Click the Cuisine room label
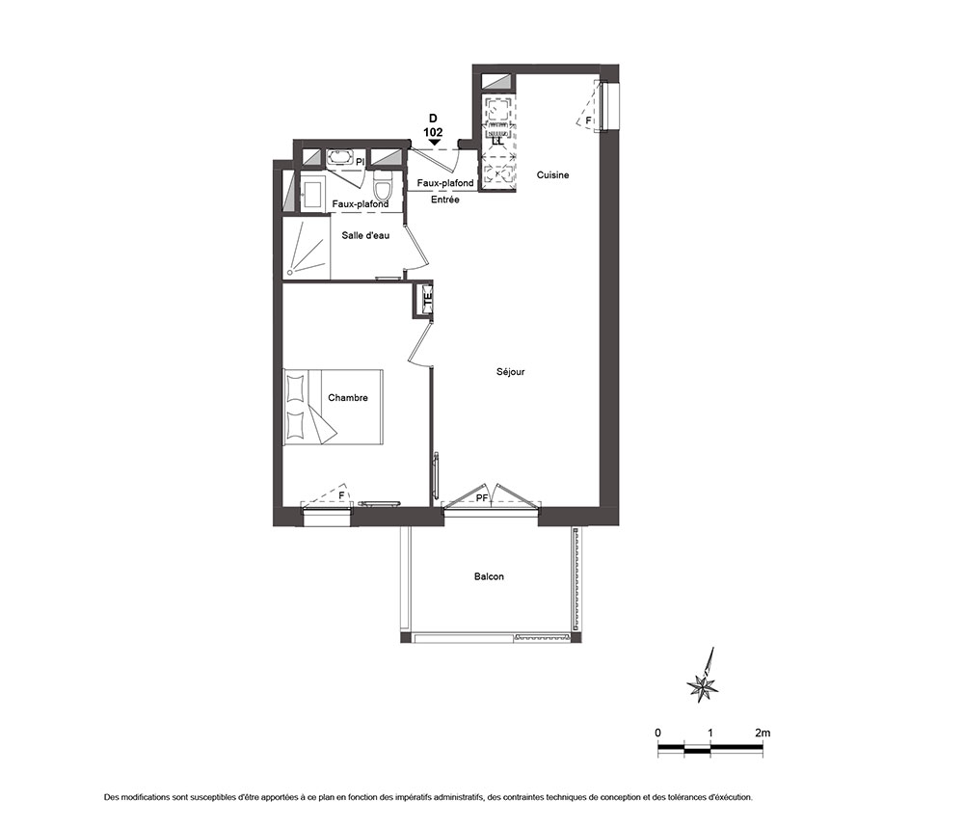click(x=552, y=175)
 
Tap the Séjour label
click(x=511, y=372)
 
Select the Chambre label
click(x=348, y=398)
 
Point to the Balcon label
click(x=489, y=576)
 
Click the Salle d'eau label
click(x=365, y=235)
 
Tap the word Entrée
click(x=445, y=200)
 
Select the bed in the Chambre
click(x=334, y=407)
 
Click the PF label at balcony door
click(x=482, y=498)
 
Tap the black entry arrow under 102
click(x=435, y=143)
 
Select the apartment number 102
click(x=433, y=132)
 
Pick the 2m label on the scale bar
click(x=763, y=733)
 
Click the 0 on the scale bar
click(x=657, y=733)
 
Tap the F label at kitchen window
click(x=588, y=120)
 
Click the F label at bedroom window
click(x=341, y=494)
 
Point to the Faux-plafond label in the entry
click(x=445, y=183)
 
